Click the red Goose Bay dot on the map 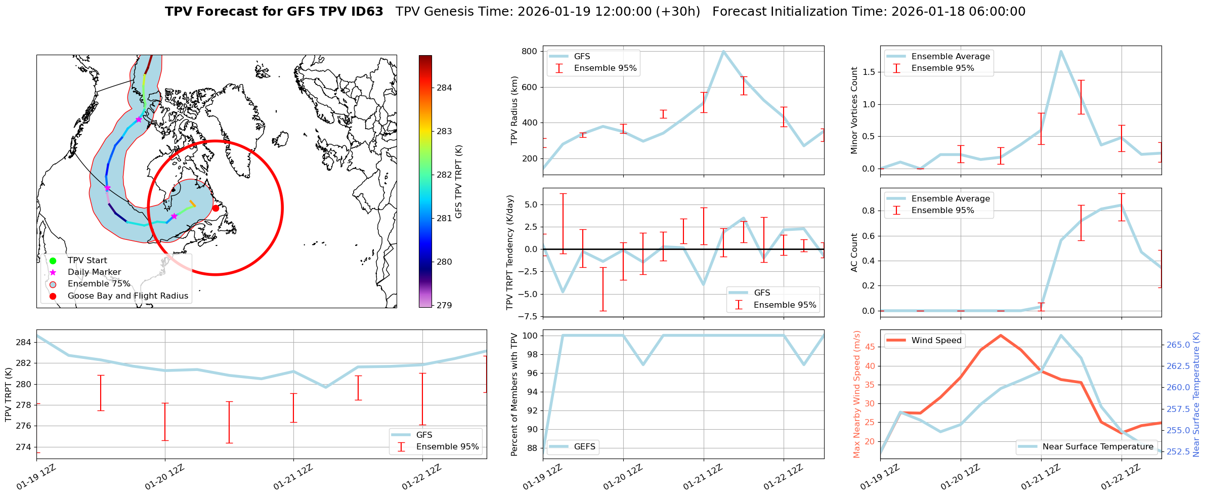pos(216,208)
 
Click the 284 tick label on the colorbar pos(444,88)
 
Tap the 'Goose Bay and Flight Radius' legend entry pos(127,296)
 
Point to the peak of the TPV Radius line pos(723,51)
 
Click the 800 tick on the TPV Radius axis pos(529,51)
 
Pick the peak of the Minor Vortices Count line pos(1060,51)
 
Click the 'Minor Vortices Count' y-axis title pos(854,110)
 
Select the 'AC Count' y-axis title pos(854,253)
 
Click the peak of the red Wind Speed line pos(1000,335)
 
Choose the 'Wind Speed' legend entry pos(936,341)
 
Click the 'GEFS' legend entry pos(584,447)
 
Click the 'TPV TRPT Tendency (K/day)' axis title pos(510,253)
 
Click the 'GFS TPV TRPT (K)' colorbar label pos(458,182)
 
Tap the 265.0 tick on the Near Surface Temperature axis pos(1179,345)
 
